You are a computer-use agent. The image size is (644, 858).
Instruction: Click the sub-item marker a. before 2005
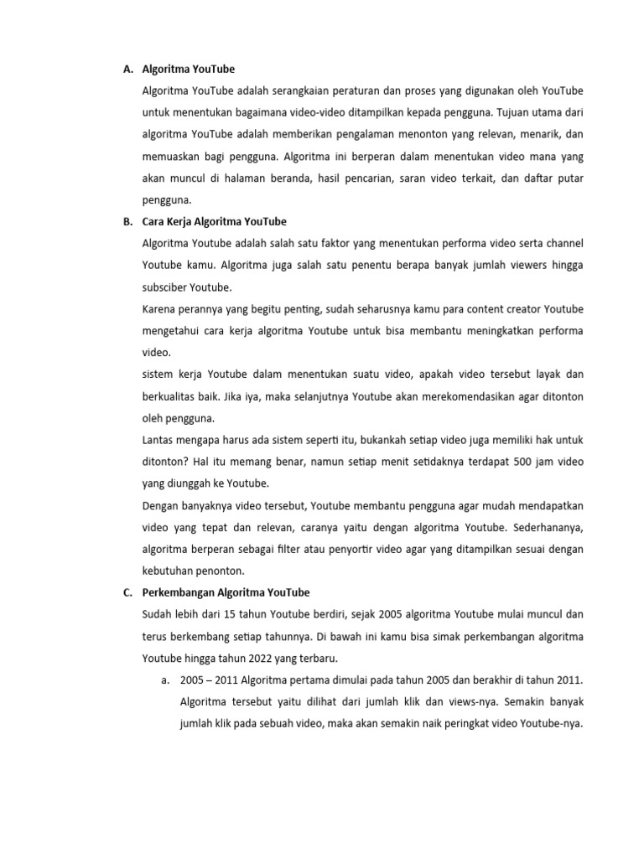point(166,680)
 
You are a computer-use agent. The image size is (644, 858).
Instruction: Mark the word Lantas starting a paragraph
point(160,440)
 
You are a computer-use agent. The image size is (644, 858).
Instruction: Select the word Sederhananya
point(543,527)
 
